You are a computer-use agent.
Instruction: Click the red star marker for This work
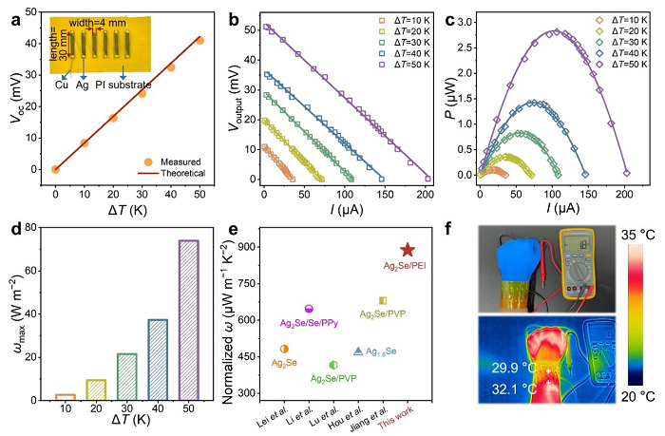(407, 250)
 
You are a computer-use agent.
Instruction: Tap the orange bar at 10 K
(65, 395)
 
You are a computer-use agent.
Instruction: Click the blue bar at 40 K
(157, 358)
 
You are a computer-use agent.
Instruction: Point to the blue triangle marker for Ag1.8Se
(357, 351)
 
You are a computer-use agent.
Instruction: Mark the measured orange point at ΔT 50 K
(199, 41)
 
